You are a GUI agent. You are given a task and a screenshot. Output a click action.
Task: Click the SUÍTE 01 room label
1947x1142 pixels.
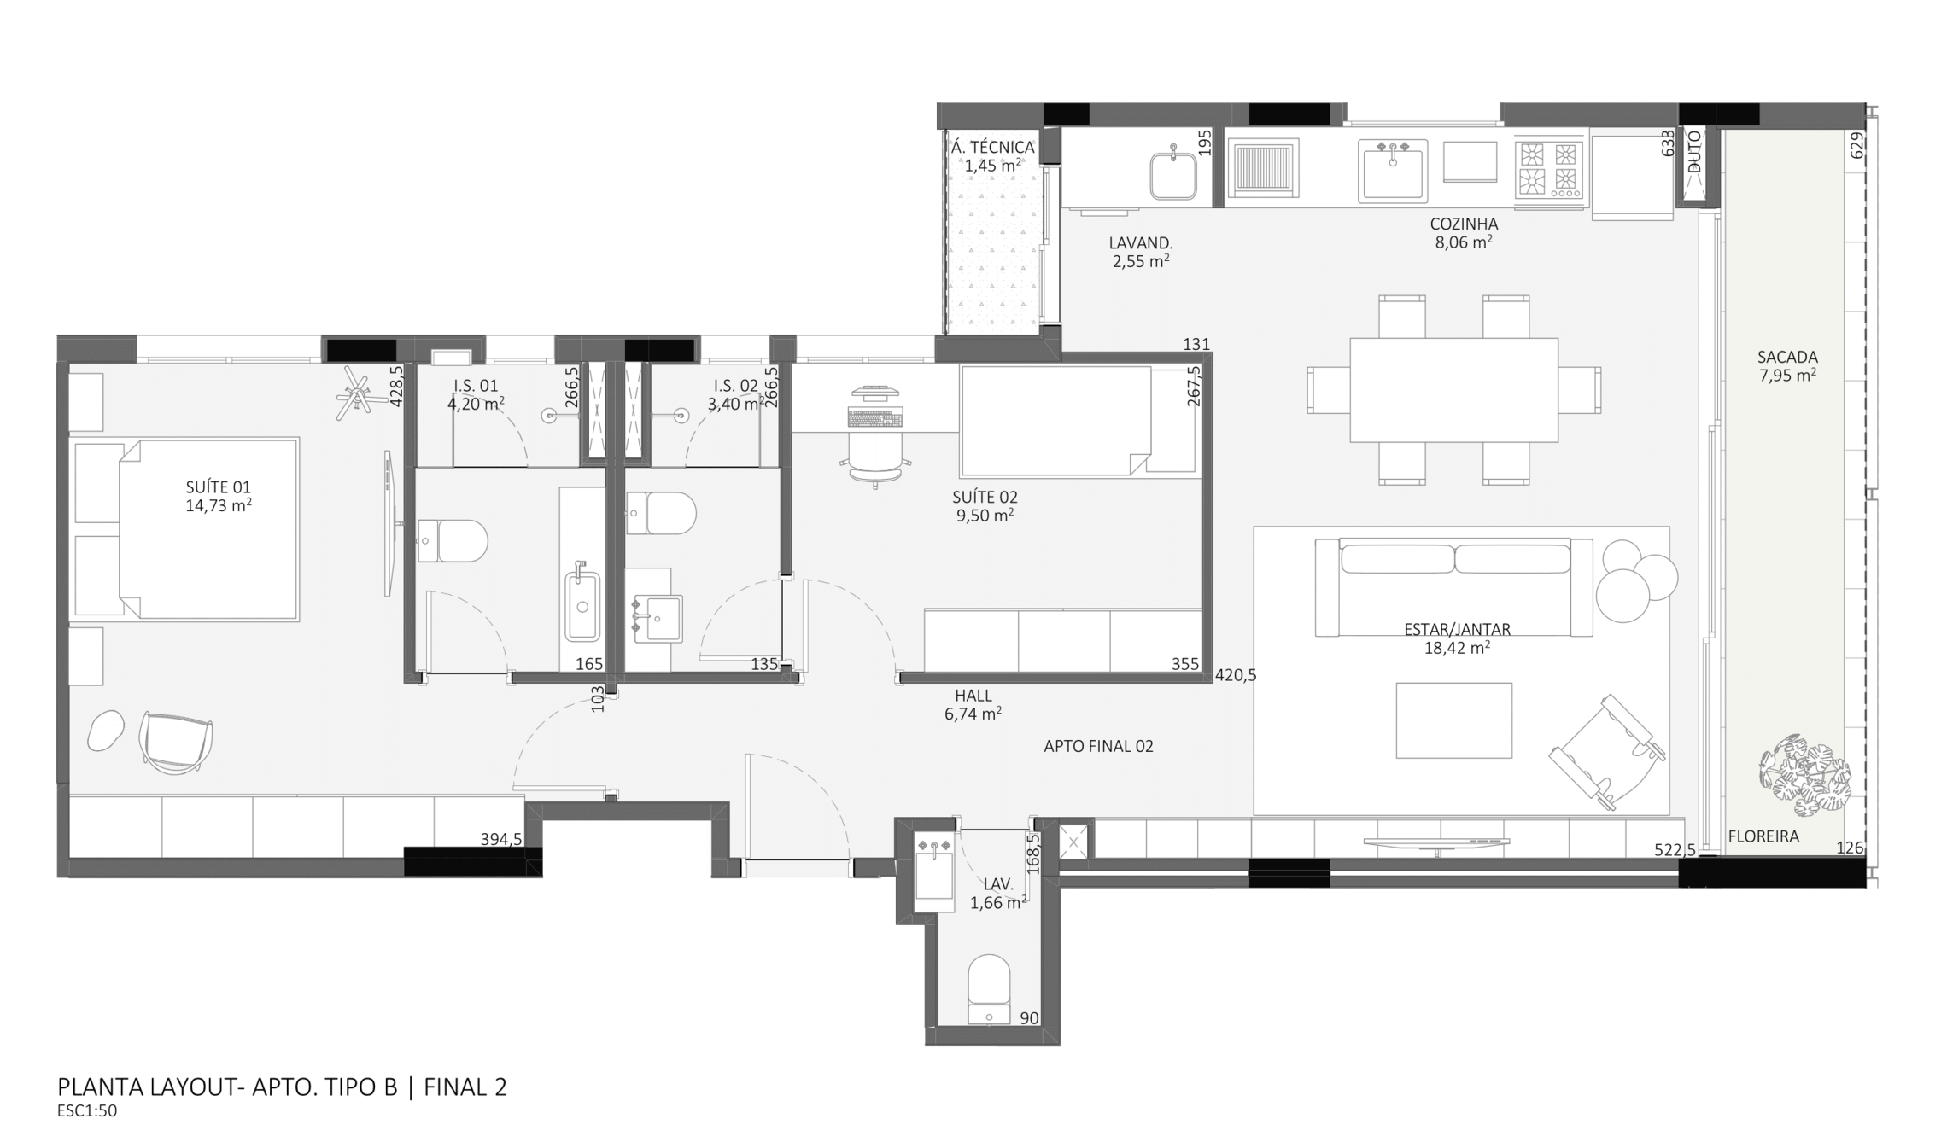point(219,496)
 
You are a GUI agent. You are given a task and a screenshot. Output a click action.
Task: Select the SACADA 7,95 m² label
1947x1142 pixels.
point(1786,365)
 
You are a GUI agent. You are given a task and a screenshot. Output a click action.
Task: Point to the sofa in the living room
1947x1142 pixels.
point(1453,586)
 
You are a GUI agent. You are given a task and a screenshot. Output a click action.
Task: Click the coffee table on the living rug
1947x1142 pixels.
point(1453,720)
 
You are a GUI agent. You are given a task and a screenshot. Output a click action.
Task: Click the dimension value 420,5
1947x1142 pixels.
point(1236,675)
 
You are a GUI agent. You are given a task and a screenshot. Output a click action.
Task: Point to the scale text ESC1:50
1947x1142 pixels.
point(87,1111)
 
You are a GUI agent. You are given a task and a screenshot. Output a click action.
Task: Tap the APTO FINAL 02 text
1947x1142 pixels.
point(1098,746)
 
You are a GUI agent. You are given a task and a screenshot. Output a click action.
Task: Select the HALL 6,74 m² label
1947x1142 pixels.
point(973,705)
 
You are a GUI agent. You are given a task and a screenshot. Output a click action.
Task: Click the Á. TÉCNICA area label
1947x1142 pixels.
point(993,156)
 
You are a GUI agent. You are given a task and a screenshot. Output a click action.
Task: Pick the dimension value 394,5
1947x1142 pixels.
point(500,839)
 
